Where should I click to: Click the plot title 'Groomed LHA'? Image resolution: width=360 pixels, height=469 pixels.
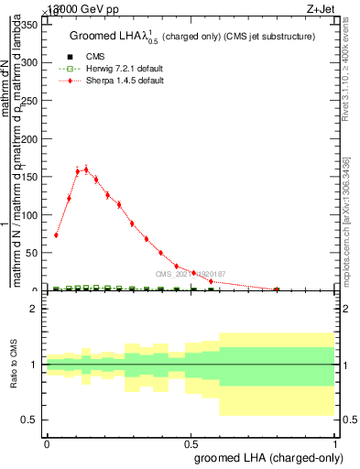pos(192,36)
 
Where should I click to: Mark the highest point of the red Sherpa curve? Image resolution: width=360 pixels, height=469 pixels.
pos(86,169)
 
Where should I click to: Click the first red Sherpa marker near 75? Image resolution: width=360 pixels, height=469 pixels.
pos(56,235)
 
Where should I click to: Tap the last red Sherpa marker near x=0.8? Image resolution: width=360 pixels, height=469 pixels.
pos(277,289)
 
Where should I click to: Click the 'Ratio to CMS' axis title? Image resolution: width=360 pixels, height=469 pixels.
pos(15,365)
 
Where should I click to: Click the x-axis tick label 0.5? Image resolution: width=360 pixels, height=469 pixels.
pos(191,442)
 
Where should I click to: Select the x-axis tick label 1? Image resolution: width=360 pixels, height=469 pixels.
pos(335,442)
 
